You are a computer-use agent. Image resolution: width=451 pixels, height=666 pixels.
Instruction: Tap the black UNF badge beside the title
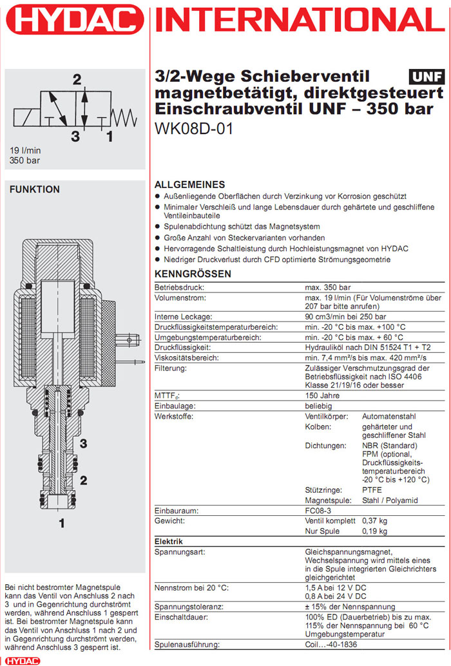(x=427, y=77)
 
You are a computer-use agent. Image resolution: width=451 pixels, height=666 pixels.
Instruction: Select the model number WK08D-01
(x=194, y=128)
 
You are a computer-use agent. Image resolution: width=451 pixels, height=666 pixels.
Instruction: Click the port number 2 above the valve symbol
(x=77, y=80)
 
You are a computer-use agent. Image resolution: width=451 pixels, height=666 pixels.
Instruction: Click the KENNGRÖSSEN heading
(x=193, y=274)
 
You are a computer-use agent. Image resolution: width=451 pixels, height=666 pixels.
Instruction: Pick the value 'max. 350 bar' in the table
(x=327, y=287)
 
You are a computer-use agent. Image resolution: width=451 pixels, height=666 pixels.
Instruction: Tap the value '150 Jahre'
(x=322, y=395)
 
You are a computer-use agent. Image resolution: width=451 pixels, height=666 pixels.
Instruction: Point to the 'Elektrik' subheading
(x=169, y=542)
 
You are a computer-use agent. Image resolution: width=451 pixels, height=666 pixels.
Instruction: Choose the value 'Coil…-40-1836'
(x=333, y=645)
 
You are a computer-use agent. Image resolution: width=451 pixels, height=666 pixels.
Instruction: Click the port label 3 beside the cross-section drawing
(x=83, y=443)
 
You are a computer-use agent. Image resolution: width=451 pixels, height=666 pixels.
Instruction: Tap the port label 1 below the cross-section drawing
(x=62, y=523)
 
